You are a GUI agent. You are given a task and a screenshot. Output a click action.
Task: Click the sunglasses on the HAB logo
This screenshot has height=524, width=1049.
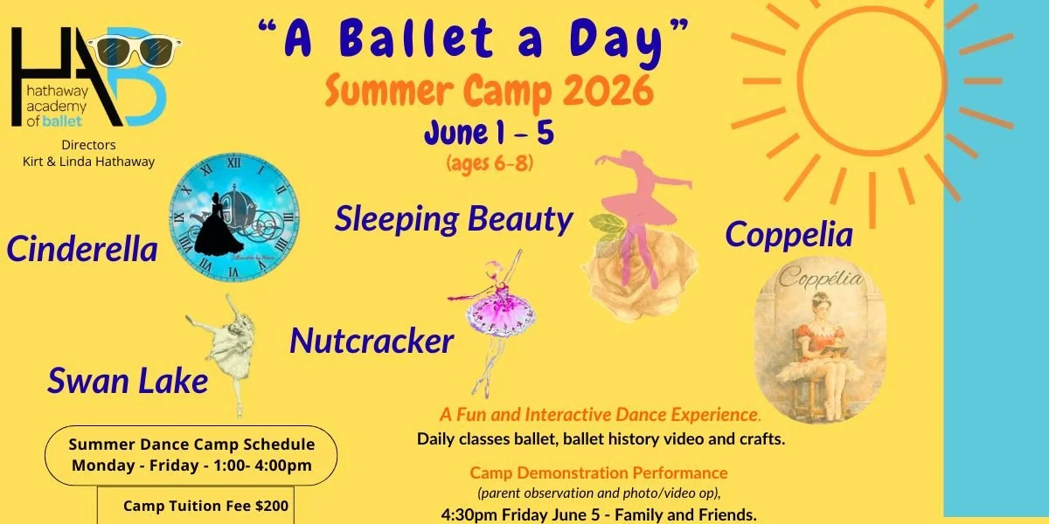pos(135,51)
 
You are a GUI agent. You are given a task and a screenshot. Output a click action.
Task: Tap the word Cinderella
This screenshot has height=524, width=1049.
pos(82,249)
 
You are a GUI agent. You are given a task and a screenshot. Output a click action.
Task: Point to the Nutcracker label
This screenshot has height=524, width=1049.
pos(372,341)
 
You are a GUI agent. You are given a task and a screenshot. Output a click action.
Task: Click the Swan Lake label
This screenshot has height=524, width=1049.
pos(128,381)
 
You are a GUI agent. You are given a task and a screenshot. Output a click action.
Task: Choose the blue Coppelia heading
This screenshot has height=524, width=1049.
pos(789,235)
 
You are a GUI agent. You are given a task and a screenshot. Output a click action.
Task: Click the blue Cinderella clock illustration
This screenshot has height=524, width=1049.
pos(233,217)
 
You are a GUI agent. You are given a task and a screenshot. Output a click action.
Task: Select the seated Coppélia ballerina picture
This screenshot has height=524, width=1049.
pos(821,339)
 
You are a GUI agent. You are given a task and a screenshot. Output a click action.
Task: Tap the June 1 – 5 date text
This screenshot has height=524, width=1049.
pos(489,133)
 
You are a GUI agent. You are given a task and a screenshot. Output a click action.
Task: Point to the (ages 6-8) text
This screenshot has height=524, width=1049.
pos(490,164)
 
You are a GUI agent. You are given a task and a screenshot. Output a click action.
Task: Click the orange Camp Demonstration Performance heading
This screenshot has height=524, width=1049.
pos(599,473)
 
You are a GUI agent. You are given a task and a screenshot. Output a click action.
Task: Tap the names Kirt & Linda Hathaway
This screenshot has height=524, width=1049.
pos(88,162)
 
